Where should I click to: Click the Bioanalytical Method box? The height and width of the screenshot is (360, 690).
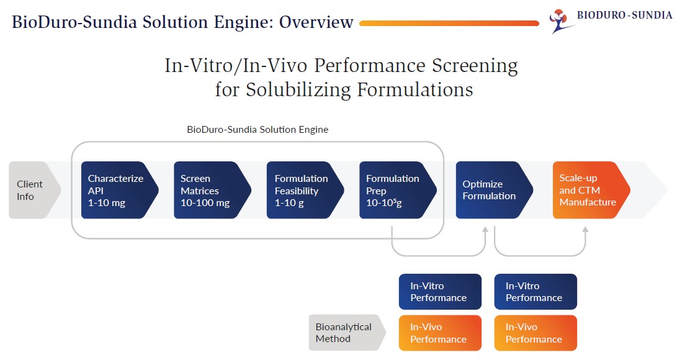pos(345,333)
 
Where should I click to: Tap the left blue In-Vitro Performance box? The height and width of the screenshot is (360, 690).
pos(440,292)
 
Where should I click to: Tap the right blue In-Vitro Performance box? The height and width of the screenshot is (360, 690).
pos(535,292)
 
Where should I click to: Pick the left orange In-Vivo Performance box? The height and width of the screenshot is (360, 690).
pos(440,333)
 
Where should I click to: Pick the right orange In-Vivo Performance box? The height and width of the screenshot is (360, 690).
pos(535,333)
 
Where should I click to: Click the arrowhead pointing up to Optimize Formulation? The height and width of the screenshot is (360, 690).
pos(485,230)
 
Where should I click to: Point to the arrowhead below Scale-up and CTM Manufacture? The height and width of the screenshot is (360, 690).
pos(586,230)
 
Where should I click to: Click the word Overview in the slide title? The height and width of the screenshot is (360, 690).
pos(316,22)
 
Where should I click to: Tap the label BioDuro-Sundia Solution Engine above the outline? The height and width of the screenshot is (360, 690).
pos(258,130)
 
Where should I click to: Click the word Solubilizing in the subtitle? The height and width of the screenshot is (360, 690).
pos(298,89)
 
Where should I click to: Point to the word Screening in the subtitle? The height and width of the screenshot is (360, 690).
pos(474,65)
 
